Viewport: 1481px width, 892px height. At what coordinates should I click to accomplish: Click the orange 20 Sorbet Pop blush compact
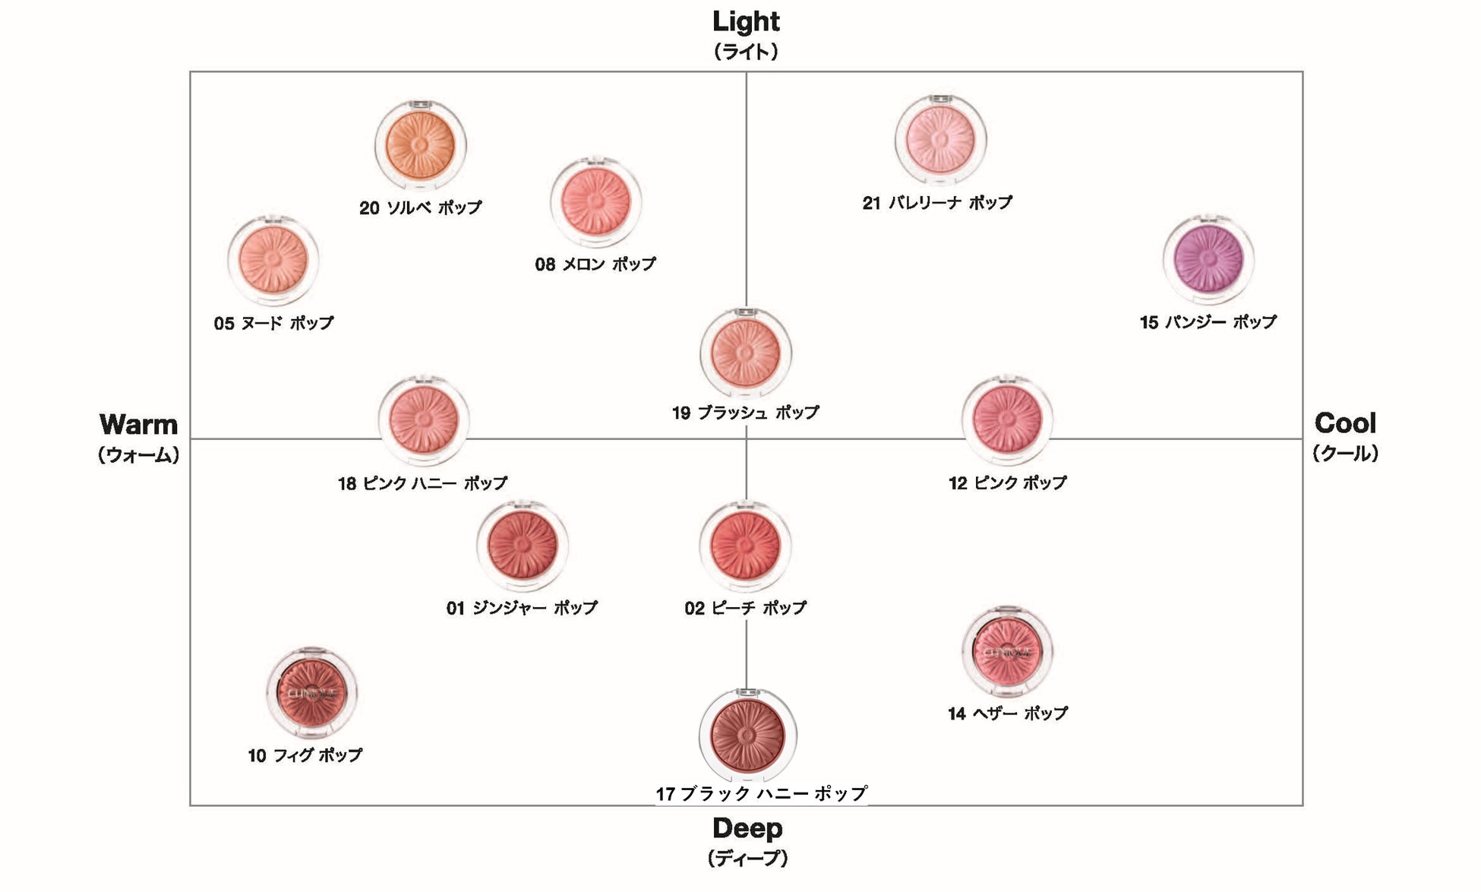[x=420, y=144]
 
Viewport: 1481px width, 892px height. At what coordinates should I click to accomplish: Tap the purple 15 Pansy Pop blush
[x=1208, y=258]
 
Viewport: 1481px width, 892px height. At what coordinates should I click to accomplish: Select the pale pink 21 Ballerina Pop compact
[x=940, y=140]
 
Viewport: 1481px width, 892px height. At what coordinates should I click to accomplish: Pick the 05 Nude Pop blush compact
[x=273, y=260]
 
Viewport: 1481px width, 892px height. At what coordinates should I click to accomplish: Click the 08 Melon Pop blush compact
[x=595, y=202]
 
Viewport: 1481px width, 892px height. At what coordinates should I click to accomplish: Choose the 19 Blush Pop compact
[x=745, y=352]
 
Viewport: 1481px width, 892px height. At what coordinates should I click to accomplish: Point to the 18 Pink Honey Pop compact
[x=424, y=419]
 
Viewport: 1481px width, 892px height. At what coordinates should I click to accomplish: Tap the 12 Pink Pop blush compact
[x=1007, y=419]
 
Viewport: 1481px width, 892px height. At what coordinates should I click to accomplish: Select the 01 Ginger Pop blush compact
[x=523, y=545]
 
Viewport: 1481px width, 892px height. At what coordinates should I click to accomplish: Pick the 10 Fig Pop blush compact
[x=311, y=692]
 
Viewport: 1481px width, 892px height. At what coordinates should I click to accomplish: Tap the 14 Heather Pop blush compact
[x=1007, y=651]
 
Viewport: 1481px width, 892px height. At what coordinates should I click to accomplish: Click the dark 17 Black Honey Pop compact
[x=747, y=735]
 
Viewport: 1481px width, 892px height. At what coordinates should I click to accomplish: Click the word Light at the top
[x=746, y=22]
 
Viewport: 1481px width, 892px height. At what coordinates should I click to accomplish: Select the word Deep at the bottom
[x=747, y=828]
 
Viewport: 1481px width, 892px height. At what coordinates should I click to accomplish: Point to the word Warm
[x=138, y=424]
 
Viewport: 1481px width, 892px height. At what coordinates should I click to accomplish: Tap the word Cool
[x=1344, y=423]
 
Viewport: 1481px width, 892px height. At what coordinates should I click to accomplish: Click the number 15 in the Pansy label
[x=1148, y=323]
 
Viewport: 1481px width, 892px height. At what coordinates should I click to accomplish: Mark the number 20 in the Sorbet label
[x=369, y=208]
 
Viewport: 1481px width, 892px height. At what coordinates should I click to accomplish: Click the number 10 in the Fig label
[x=257, y=756]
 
